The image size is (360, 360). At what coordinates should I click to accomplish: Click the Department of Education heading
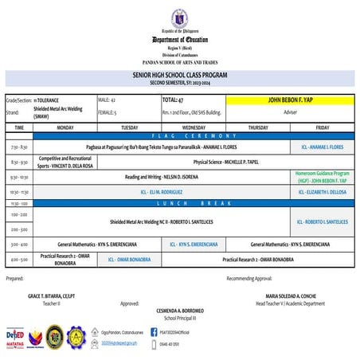tap(179, 39)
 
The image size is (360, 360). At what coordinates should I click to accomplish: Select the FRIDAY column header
tap(322, 127)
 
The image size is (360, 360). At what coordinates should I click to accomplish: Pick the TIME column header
tap(19, 127)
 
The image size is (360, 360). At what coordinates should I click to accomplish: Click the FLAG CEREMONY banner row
tap(179, 135)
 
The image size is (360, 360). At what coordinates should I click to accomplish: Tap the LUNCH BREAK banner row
tap(179, 202)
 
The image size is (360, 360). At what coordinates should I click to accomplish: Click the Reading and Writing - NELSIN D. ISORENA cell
tap(160, 177)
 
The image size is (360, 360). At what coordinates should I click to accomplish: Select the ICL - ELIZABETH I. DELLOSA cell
tap(322, 192)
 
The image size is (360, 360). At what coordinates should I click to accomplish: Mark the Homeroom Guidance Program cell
tap(322, 176)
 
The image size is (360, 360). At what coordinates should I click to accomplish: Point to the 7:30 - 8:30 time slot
tap(19, 147)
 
